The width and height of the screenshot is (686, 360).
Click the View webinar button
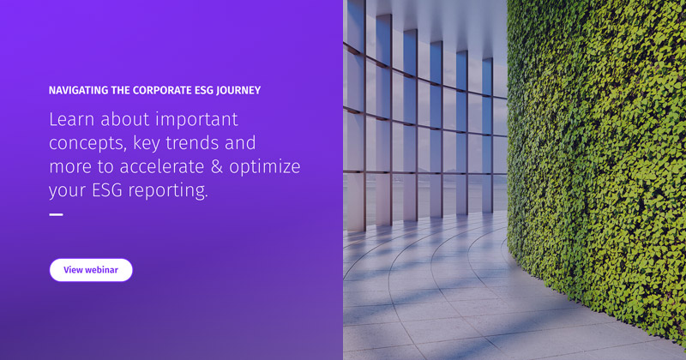91,269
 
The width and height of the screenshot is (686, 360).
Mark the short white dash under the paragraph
56,214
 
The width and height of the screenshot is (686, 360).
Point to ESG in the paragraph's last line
107,189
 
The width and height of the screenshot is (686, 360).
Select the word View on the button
73,269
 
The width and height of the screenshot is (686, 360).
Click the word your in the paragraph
68,190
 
